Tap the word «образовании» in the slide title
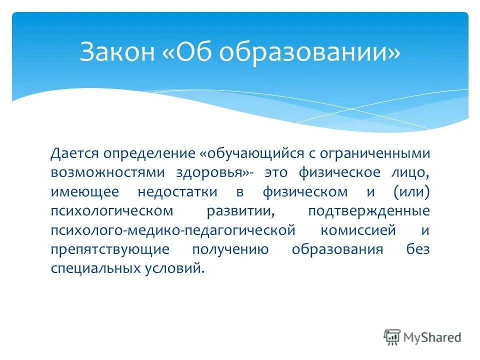pos(328,52)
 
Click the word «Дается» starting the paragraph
pos(70,153)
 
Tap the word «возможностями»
pos(107,172)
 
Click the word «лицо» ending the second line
pos(413,172)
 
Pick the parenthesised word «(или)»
pos(411,191)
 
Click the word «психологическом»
pos(112,211)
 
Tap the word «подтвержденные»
pos(369,211)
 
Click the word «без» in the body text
pos(418,249)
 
